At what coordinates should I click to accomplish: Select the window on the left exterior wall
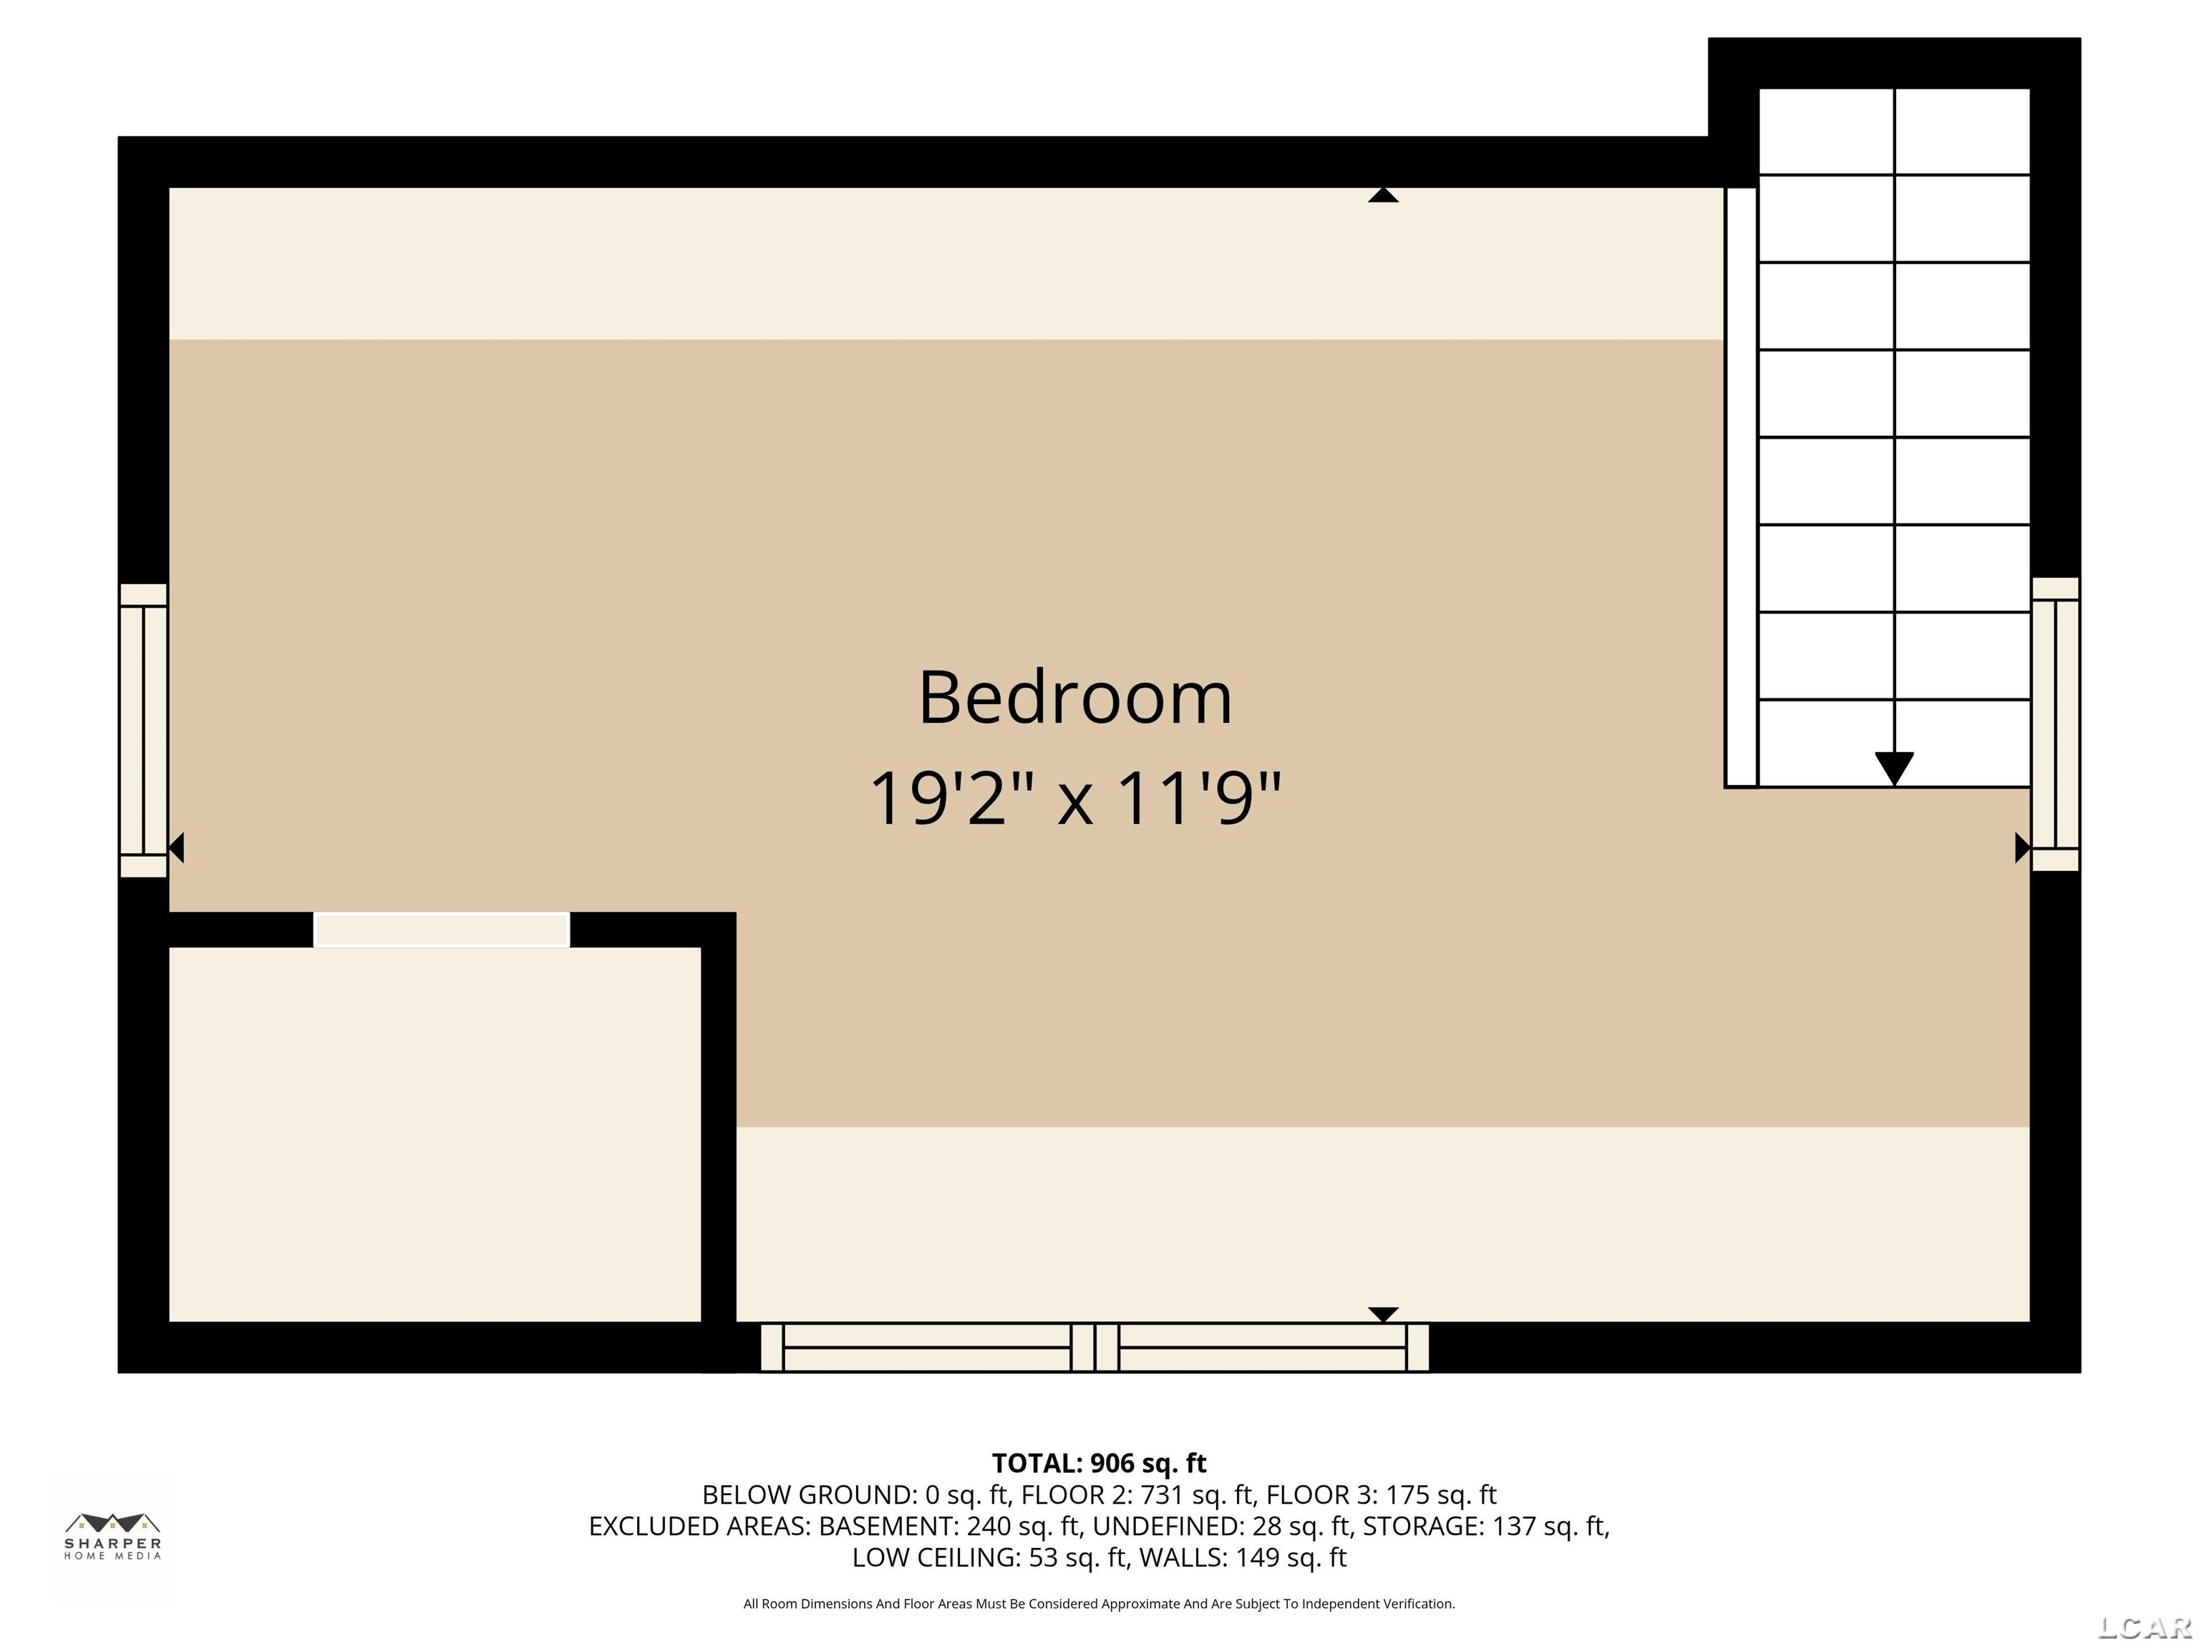[x=143, y=731]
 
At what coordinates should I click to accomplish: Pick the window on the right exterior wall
[x=2055, y=724]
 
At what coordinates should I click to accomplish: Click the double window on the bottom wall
[x=1094, y=1347]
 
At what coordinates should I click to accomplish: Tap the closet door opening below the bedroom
[x=442, y=930]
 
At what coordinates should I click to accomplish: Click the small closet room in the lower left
[x=435, y=1133]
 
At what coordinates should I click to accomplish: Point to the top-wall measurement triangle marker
[x=1383, y=195]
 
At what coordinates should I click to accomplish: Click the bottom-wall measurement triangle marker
[x=1383, y=1314]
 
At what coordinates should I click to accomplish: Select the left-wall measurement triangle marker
[x=177, y=848]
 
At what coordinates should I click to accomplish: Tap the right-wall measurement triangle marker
[x=2021, y=848]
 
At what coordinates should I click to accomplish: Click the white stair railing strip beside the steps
[x=1741, y=487]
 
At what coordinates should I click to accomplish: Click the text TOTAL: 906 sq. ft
[x=1099, y=1463]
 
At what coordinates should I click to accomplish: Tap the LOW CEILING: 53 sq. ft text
[x=990, y=1557]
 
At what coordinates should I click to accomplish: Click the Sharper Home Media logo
[x=112, y=1537]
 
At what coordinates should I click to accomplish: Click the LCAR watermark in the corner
[x=2145, y=1627]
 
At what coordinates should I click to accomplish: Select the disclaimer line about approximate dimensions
[x=1099, y=1603]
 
